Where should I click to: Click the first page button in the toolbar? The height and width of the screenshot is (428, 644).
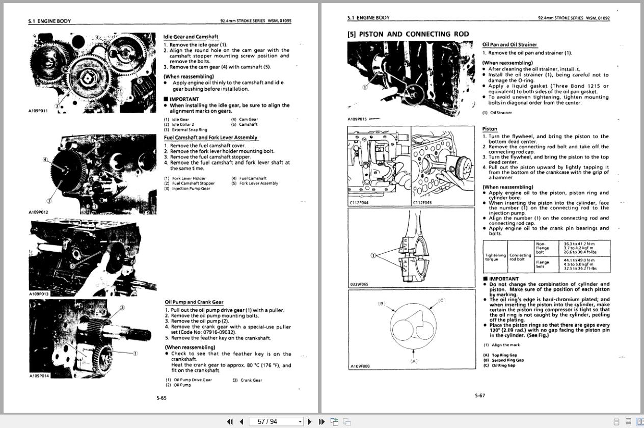[229, 421]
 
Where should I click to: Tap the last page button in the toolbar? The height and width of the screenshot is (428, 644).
[321, 421]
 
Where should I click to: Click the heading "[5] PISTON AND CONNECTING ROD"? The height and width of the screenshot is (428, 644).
[408, 34]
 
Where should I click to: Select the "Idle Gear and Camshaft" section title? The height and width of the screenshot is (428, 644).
[191, 37]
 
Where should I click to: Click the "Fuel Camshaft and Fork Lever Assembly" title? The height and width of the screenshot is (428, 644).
[210, 138]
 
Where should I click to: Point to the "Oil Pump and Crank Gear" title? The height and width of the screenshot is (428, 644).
[194, 302]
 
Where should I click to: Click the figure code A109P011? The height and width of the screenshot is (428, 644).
[38, 111]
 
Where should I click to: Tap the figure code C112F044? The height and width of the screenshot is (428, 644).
[359, 203]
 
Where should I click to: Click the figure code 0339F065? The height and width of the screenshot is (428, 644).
[359, 284]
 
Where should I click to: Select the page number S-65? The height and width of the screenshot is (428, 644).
[161, 398]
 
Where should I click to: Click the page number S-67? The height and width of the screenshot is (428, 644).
[480, 395]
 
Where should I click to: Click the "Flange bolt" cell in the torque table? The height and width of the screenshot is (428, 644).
[543, 264]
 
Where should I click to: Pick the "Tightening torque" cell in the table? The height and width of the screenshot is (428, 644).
[495, 257]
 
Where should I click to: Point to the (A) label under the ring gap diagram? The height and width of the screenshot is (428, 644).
[414, 361]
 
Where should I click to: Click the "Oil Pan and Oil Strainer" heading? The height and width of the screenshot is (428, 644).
[509, 45]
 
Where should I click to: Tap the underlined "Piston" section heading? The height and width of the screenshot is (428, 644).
[490, 129]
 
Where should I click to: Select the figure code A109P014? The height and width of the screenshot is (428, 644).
[39, 376]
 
